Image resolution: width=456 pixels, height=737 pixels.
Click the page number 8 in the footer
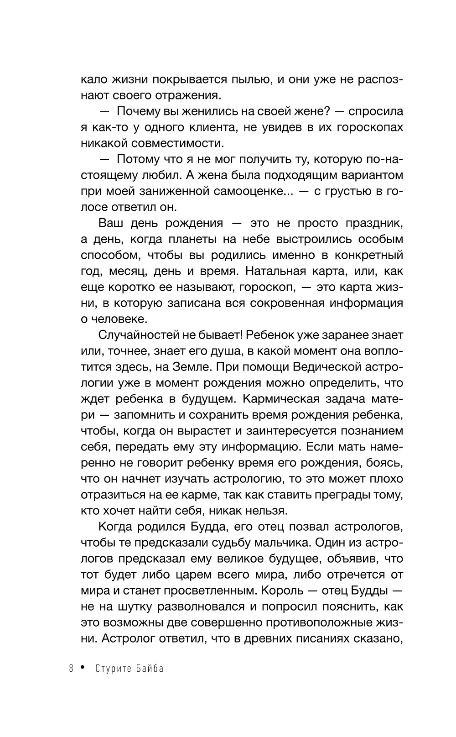[x=71, y=669]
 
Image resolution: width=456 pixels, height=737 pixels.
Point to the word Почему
[x=138, y=111]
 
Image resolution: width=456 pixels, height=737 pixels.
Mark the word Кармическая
[x=282, y=399]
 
